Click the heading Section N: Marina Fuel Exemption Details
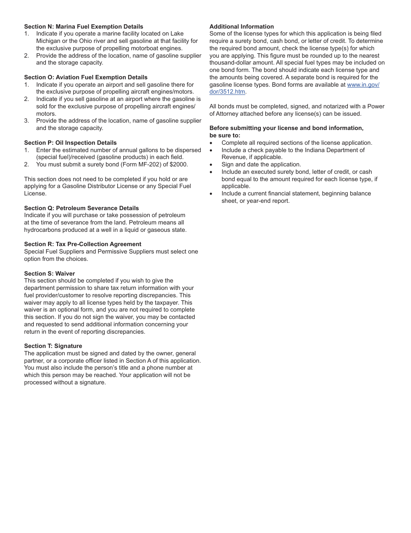(83, 26)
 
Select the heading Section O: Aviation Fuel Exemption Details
(86, 77)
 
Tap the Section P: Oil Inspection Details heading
(70, 143)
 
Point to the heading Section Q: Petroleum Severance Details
(81, 208)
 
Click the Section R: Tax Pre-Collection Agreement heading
(83, 244)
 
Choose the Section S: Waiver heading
(49, 273)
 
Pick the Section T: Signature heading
(53, 346)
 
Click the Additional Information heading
(241, 26)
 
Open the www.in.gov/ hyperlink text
(363, 84)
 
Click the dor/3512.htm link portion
(227, 92)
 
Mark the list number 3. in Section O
(26, 121)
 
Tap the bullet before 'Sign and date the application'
(211, 165)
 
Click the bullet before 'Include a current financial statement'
(211, 194)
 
